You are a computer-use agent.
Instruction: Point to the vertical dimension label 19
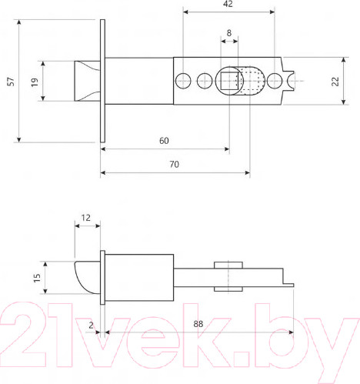tap(34, 82)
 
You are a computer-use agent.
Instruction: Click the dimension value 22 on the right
tap(335, 82)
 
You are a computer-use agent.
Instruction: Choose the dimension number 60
tap(164, 140)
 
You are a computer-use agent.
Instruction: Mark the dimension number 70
tap(175, 164)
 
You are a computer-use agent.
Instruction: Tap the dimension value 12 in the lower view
tap(86, 218)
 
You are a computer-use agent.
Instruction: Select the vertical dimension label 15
tap(36, 276)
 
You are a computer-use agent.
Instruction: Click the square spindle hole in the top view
tap(228, 80)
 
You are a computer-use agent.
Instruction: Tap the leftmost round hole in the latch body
tap(184, 80)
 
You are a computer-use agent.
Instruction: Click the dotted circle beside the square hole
tap(250, 81)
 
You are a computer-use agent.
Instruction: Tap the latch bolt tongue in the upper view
tap(86, 81)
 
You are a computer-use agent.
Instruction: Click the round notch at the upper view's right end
tap(293, 80)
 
